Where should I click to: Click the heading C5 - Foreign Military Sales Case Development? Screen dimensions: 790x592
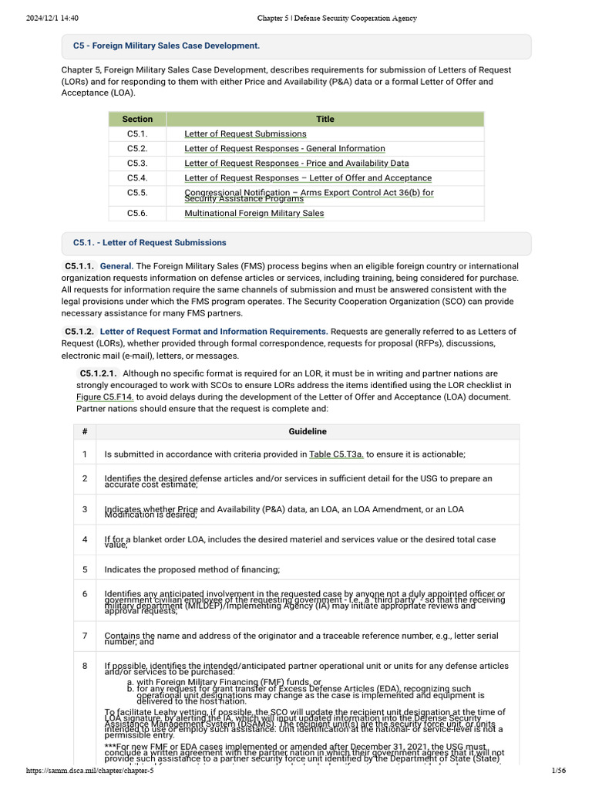pos(166,46)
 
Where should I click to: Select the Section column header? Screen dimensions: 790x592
pos(138,119)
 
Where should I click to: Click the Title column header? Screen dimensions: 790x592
pos(325,119)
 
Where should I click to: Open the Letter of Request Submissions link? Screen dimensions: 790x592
pos(245,134)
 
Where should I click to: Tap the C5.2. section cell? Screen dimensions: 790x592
pos(137,149)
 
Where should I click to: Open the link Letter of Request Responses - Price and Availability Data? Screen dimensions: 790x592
pos(297,164)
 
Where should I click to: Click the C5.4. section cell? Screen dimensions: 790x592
pos(137,178)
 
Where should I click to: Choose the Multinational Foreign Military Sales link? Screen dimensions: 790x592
pos(254,214)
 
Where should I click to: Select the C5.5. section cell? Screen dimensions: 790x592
pos(137,193)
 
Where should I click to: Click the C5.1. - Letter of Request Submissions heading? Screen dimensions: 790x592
pos(150,242)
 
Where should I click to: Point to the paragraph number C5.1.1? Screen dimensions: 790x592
pos(79,266)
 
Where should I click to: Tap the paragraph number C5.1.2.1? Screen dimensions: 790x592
pos(99,373)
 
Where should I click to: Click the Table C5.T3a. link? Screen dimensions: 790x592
pos(336,454)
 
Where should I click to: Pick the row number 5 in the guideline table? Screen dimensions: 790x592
pos(85,570)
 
